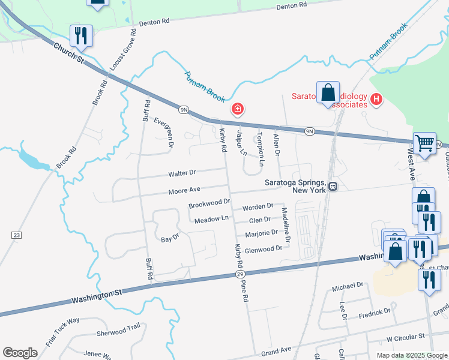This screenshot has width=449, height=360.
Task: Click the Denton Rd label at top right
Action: (x=292, y=5)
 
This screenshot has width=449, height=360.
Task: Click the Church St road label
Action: (x=68, y=52)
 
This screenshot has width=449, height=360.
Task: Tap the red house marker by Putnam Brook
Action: (x=238, y=109)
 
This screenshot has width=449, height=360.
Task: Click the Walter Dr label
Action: (x=182, y=173)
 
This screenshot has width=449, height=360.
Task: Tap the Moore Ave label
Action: (x=184, y=190)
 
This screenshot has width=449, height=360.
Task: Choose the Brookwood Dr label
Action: (x=209, y=204)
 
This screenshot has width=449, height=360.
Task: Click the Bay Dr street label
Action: (x=170, y=238)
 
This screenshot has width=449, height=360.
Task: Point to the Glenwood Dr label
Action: (x=264, y=248)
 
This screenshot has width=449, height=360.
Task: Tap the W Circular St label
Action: (x=406, y=338)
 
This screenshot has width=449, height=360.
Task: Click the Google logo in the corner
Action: (x=20, y=353)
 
